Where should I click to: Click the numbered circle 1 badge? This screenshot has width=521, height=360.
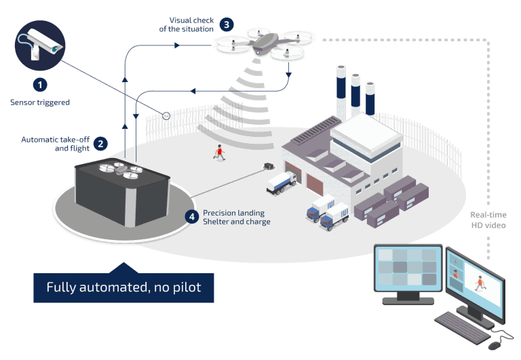coord(40,85)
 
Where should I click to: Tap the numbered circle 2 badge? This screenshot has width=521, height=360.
coord(100,143)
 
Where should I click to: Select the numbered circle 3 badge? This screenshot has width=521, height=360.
coord(227,24)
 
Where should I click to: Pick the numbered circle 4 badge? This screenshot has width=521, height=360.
coord(193,217)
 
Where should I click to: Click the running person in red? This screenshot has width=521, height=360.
coord(219,153)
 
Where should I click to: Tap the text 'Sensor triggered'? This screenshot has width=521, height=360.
coord(40,103)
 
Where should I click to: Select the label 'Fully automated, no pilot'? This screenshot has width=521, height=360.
coord(123,287)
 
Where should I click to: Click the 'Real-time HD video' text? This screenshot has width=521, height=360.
coord(488,220)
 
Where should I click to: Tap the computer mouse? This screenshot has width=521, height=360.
coord(501,336)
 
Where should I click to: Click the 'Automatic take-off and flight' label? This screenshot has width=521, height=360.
coord(56,143)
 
